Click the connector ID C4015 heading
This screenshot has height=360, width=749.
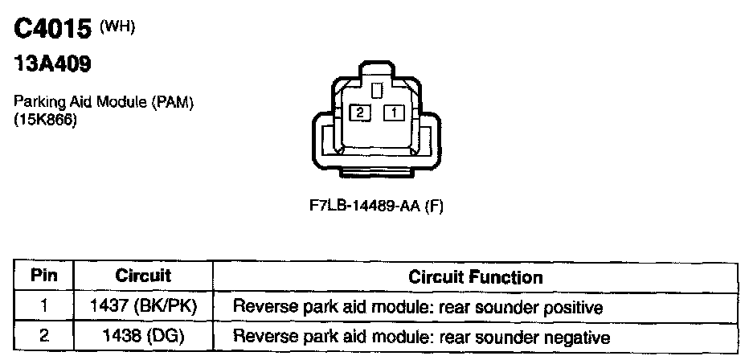pyautogui.click(x=52, y=31)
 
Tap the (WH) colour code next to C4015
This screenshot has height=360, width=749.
pyautogui.click(x=117, y=27)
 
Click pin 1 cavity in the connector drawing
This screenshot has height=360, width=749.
pyautogui.click(x=394, y=113)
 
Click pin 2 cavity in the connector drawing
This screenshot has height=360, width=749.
pyautogui.click(x=360, y=113)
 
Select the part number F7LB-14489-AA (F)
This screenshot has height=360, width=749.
pyautogui.click(x=377, y=206)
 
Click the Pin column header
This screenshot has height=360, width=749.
pyautogui.click(x=43, y=277)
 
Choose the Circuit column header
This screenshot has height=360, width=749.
pyautogui.click(x=143, y=277)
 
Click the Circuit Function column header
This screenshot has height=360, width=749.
pyautogui.click(x=476, y=278)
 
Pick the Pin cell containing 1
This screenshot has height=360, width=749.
pyautogui.click(x=43, y=307)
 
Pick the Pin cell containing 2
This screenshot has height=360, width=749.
pyautogui.click(x=43, y=337)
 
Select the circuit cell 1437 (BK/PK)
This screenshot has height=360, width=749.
pyautogui.click(x=143, y=307)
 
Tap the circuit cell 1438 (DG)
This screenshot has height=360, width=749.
pyautogui.click(x=143, y=337)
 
